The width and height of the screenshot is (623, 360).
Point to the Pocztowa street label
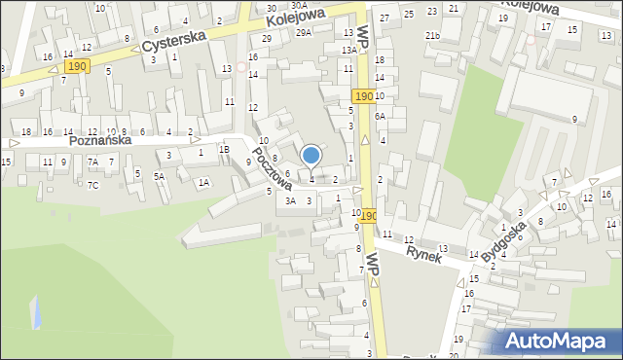tap(272, 168)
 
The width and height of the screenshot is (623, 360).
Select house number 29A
tap(304, 33)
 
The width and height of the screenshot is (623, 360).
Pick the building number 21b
tap(432, 36)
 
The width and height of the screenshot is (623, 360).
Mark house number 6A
tap(381, 116)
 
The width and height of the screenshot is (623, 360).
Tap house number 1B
tap(224, 149)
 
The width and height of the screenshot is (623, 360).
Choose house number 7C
tap(92, 185)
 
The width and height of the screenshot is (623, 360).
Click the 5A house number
tap(159, 176)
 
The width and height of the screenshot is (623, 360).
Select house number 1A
tap(203, 182)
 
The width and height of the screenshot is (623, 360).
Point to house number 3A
tap(289, 200)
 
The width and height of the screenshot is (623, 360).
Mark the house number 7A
tap(92, 162)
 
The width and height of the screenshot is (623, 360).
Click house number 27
tap(385, 18)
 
